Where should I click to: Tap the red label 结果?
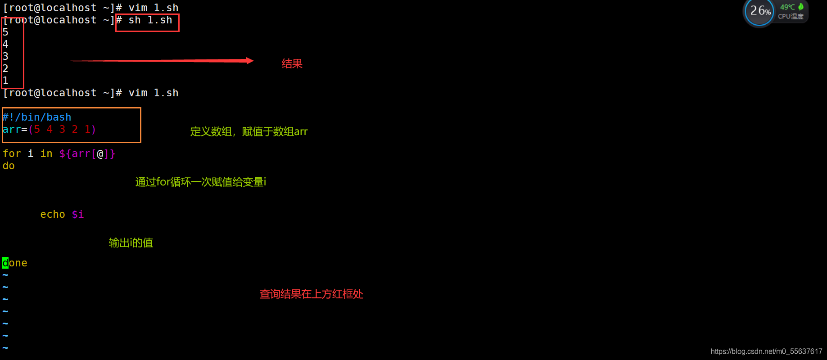click(x=292, y=64)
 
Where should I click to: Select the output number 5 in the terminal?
click(x=5, y=32)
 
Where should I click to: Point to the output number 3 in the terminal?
click(x=5, y=57)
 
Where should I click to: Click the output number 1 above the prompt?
click(x=5, y=81)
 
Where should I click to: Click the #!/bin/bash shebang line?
click(x=37, y=117)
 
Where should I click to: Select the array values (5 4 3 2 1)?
click(x=62, y=130)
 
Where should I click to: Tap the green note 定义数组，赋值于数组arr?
click(x=249, y=132)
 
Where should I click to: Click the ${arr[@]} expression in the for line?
click(x=87, y=154)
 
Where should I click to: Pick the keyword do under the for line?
click(x=9, y=166)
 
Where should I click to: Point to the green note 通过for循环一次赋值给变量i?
click(x=200, y=182)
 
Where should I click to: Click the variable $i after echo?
click(x=77, y=215)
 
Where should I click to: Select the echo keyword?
click(x=53, y=215)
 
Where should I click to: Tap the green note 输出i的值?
click(x=131, y=243)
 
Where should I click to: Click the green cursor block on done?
click(x=5, y=263)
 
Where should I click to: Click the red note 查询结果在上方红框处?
click(x=311, y=294)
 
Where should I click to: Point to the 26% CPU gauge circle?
click(x=759, y=11)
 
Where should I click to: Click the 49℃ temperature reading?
click(x=787, y=7)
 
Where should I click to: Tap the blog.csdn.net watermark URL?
click(x=766, y=351)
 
